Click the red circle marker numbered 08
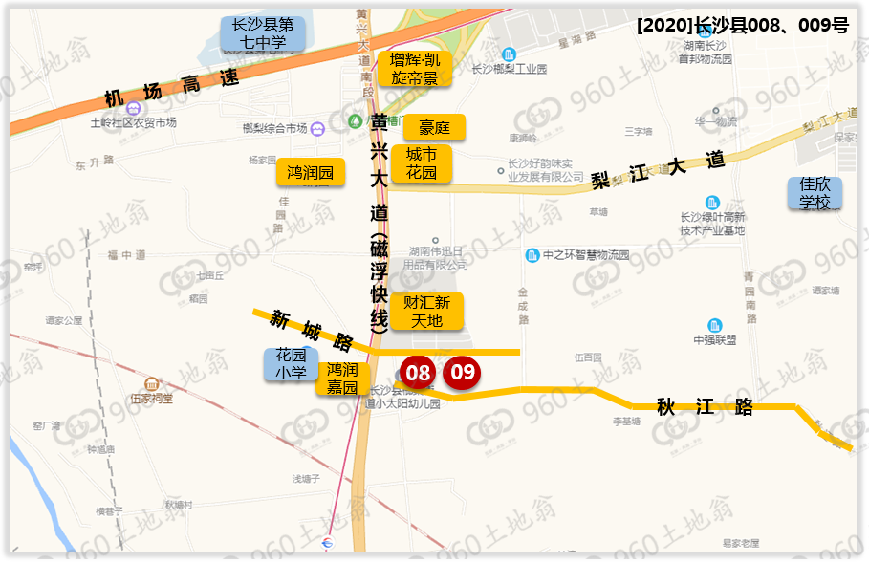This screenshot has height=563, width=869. (418, 373)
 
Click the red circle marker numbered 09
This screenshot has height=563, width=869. (463, 372)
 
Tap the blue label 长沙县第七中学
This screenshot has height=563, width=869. (264, 33)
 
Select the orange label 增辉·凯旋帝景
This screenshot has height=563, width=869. (415, 69)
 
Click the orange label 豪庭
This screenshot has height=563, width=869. (434, 127)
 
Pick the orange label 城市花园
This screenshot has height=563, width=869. (422, 163)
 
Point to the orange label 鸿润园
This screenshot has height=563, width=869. (312, 173)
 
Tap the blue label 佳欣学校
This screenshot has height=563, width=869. (815, 193)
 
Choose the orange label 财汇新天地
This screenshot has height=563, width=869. (426, 311)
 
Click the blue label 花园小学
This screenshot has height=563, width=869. (291, 363)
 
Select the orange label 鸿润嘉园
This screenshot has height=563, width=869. (342, 379)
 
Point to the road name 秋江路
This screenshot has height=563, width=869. (705, 407)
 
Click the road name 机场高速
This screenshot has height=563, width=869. (171, 90)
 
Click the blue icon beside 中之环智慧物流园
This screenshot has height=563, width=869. (532, 255)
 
